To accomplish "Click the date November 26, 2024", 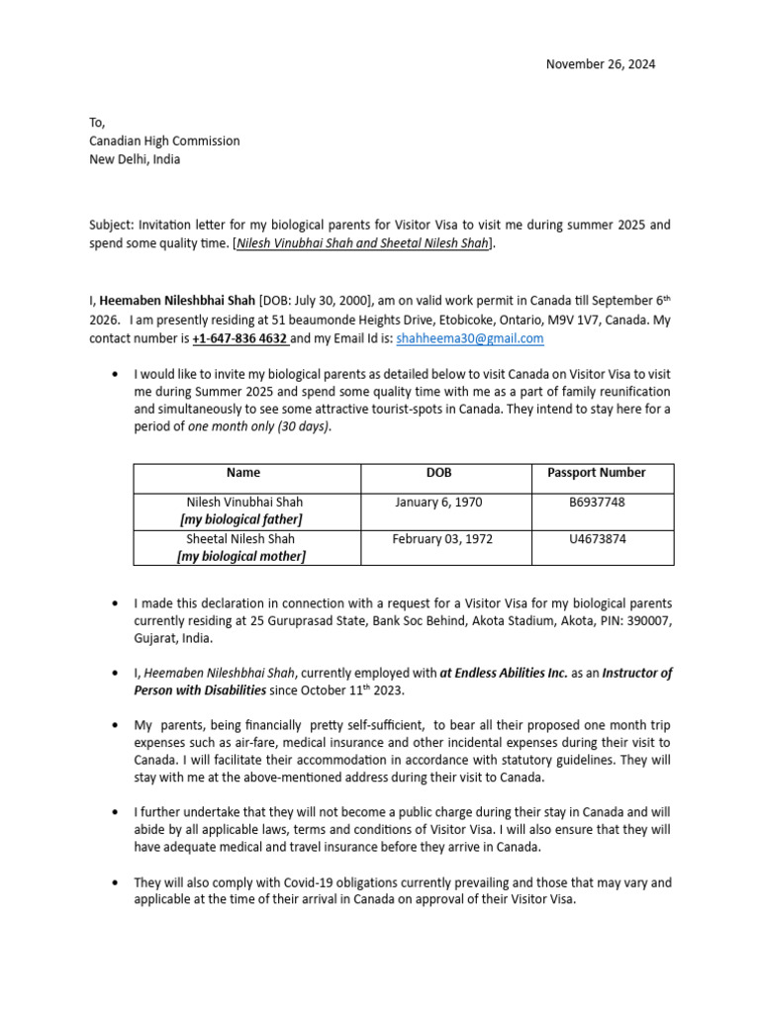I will coord(601,64).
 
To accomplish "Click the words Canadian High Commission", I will coord(164,140).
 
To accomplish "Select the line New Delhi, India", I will coord(135,159).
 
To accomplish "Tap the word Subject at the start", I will coord(109,225).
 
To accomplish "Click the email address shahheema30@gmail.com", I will coord(470,338).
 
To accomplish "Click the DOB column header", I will coord(438,473).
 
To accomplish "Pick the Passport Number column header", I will coord(597,473).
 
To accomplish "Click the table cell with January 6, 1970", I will coord(438,503).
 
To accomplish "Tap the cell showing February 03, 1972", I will coord(442,539).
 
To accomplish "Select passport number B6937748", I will coord(597,503).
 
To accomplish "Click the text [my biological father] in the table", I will coord(241,519).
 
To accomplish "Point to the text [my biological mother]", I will coord(241,557).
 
